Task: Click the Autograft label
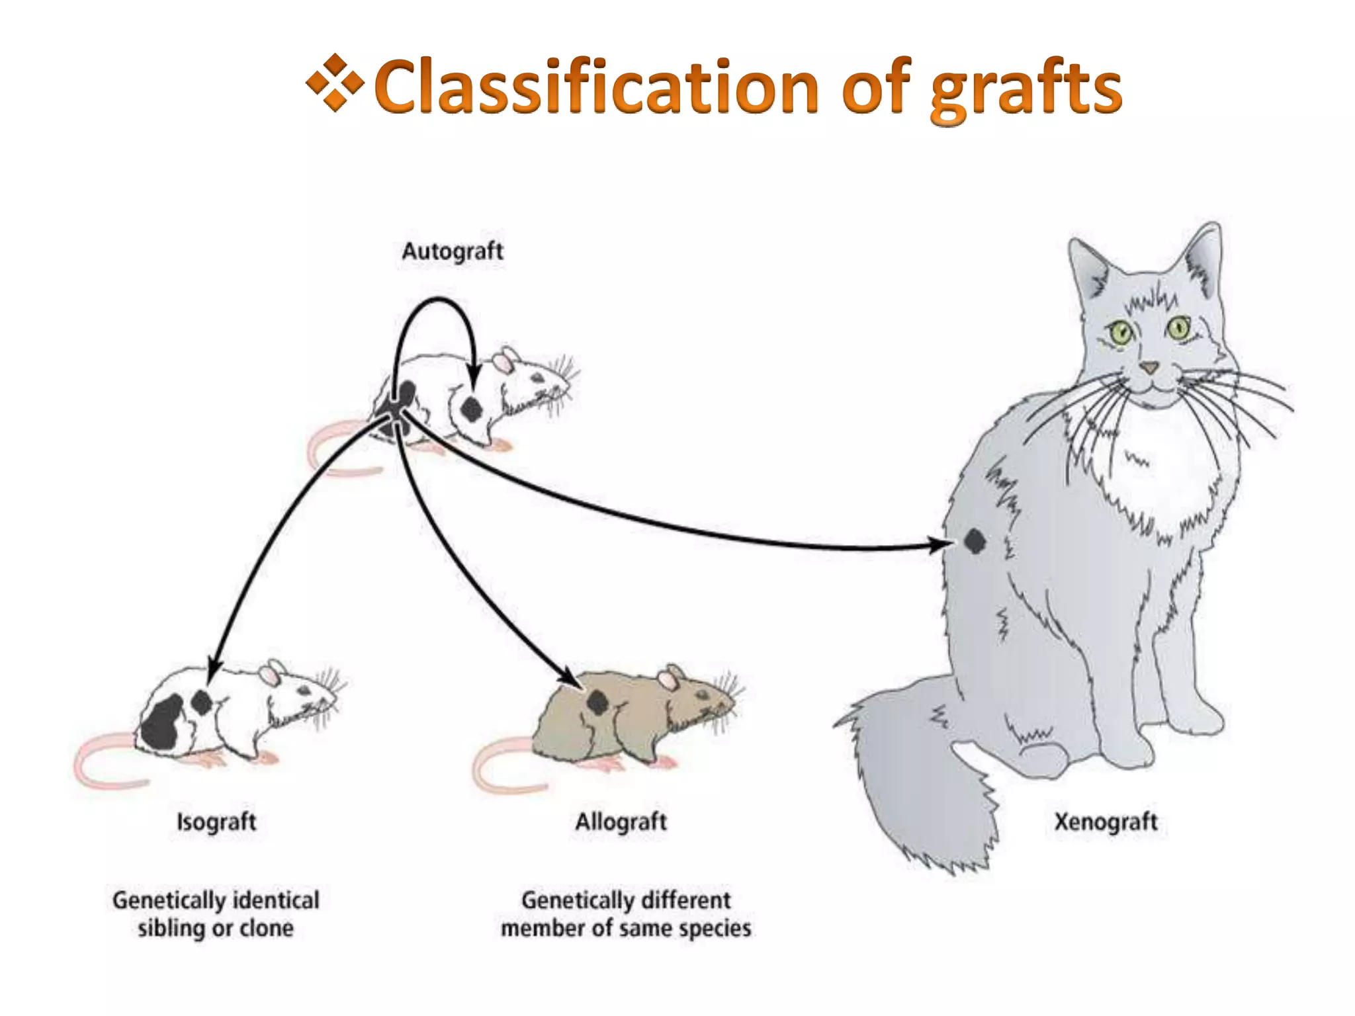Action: click(453, 251)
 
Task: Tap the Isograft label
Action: click(216, 822)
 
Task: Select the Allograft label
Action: click(621, 822)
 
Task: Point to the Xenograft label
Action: click(1106, 822)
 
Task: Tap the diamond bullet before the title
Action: click(335, 83)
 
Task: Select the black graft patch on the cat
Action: click(974, 542)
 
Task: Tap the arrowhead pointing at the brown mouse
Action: click(570, 679)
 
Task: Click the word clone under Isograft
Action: click(267, 929)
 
